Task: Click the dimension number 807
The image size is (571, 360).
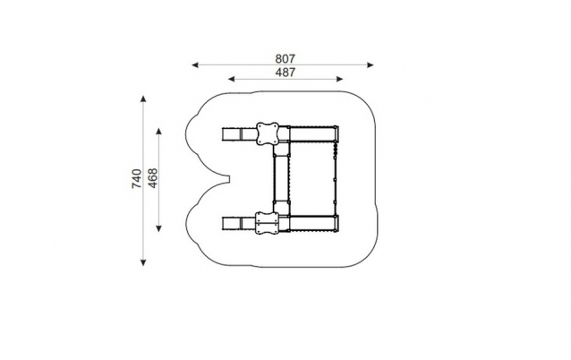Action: tap(285, 59)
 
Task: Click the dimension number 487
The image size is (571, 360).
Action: tap(285, 73)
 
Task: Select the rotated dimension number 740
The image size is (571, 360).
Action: tap(137, 178)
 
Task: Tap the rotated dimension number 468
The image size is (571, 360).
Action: tap(153, 178)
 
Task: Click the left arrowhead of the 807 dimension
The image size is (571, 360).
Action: tap(195, 65)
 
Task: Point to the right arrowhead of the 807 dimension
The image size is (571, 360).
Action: tap(371, 65)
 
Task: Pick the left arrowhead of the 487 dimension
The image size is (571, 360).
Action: tap(232, 79)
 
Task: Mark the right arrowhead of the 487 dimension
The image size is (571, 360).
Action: tap(339, 79)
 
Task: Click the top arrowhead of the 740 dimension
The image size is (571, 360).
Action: tap(143, 99)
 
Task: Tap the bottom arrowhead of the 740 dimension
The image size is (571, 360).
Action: tap(143, 262)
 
